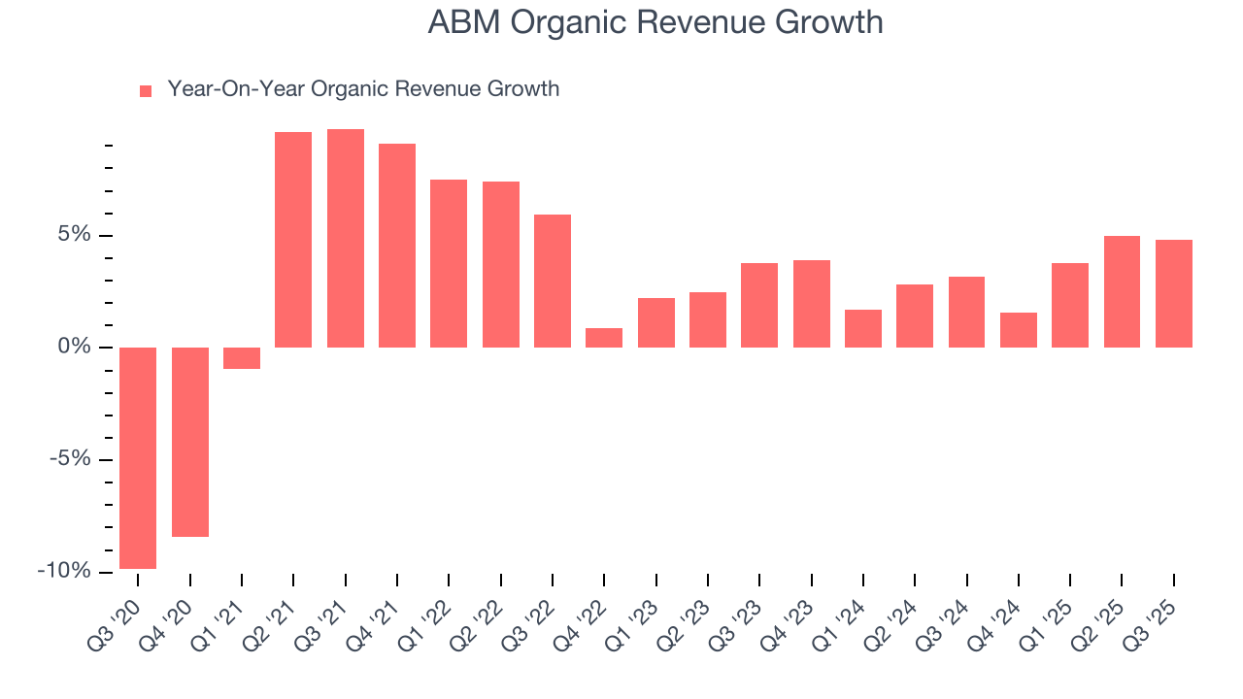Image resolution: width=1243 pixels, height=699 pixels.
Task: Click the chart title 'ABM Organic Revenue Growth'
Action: coord(655,23)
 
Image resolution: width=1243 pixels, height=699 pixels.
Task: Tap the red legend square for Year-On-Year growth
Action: coord(146,91)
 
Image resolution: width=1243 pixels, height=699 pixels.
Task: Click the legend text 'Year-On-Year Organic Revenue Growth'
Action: coord(363,89)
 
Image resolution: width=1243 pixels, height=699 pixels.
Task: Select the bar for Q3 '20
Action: coord(138,457)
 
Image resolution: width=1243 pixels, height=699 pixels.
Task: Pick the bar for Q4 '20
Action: coord(190,442)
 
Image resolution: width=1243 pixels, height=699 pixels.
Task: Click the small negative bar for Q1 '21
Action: coord(242,358)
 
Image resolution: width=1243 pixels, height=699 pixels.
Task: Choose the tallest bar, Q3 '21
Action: coord(346,238)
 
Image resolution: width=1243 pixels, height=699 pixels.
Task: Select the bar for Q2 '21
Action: coord(293,240)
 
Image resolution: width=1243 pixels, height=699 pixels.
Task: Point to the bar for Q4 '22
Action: coord(604,338)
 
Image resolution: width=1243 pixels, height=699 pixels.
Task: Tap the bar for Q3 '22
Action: coord(553,281)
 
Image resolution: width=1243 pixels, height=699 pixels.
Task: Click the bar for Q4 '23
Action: coord(812,304)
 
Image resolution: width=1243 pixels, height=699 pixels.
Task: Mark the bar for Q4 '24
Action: coord(1019,330)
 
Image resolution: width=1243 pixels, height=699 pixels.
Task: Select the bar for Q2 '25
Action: coord(1122,291)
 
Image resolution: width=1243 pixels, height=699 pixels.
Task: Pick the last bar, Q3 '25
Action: coord(1174,293)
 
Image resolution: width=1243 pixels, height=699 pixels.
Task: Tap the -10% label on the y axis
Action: coord(64,571)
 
